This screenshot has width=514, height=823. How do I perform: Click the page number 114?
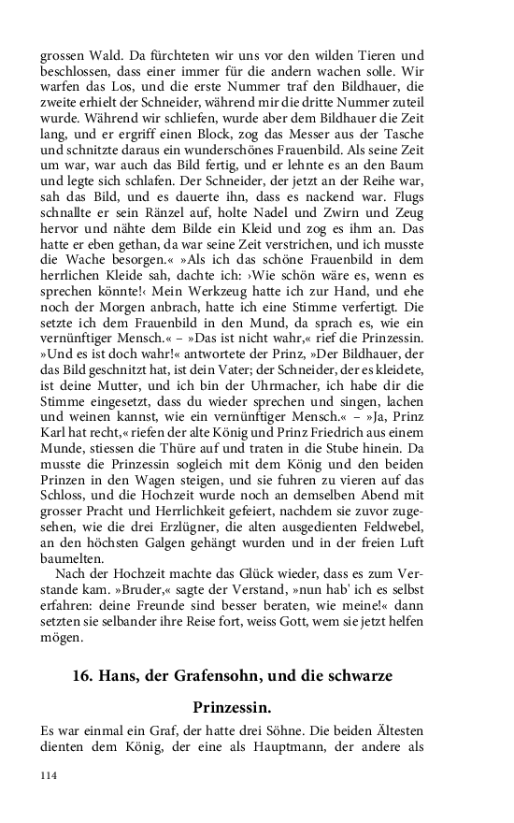click(49, 775)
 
